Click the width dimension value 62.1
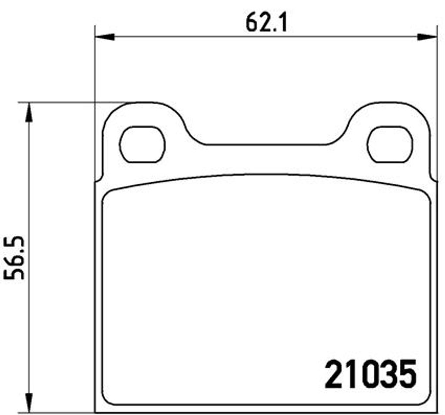pos(266,23)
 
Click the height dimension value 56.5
pos(14,258)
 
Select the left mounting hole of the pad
pos(142,144)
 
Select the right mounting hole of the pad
pos(390,144)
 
